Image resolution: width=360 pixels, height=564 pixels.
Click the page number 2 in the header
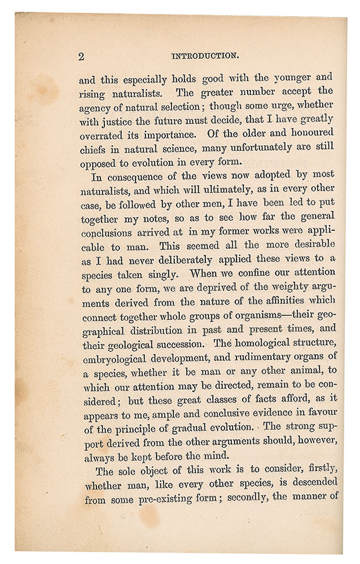[81, 56]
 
